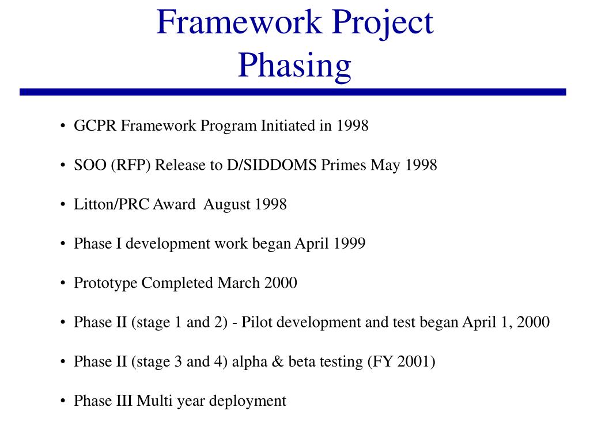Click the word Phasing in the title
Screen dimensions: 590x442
point(294,66)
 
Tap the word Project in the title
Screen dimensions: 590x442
point(383,23)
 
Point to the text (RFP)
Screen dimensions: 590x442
point(131,165)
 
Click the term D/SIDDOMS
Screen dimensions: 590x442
point(272,165)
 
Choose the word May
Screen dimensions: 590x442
point(385,166)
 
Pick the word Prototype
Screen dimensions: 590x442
point(106,283)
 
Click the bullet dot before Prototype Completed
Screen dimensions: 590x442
point(63,283)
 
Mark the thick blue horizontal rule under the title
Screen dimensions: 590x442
point(293,92)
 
